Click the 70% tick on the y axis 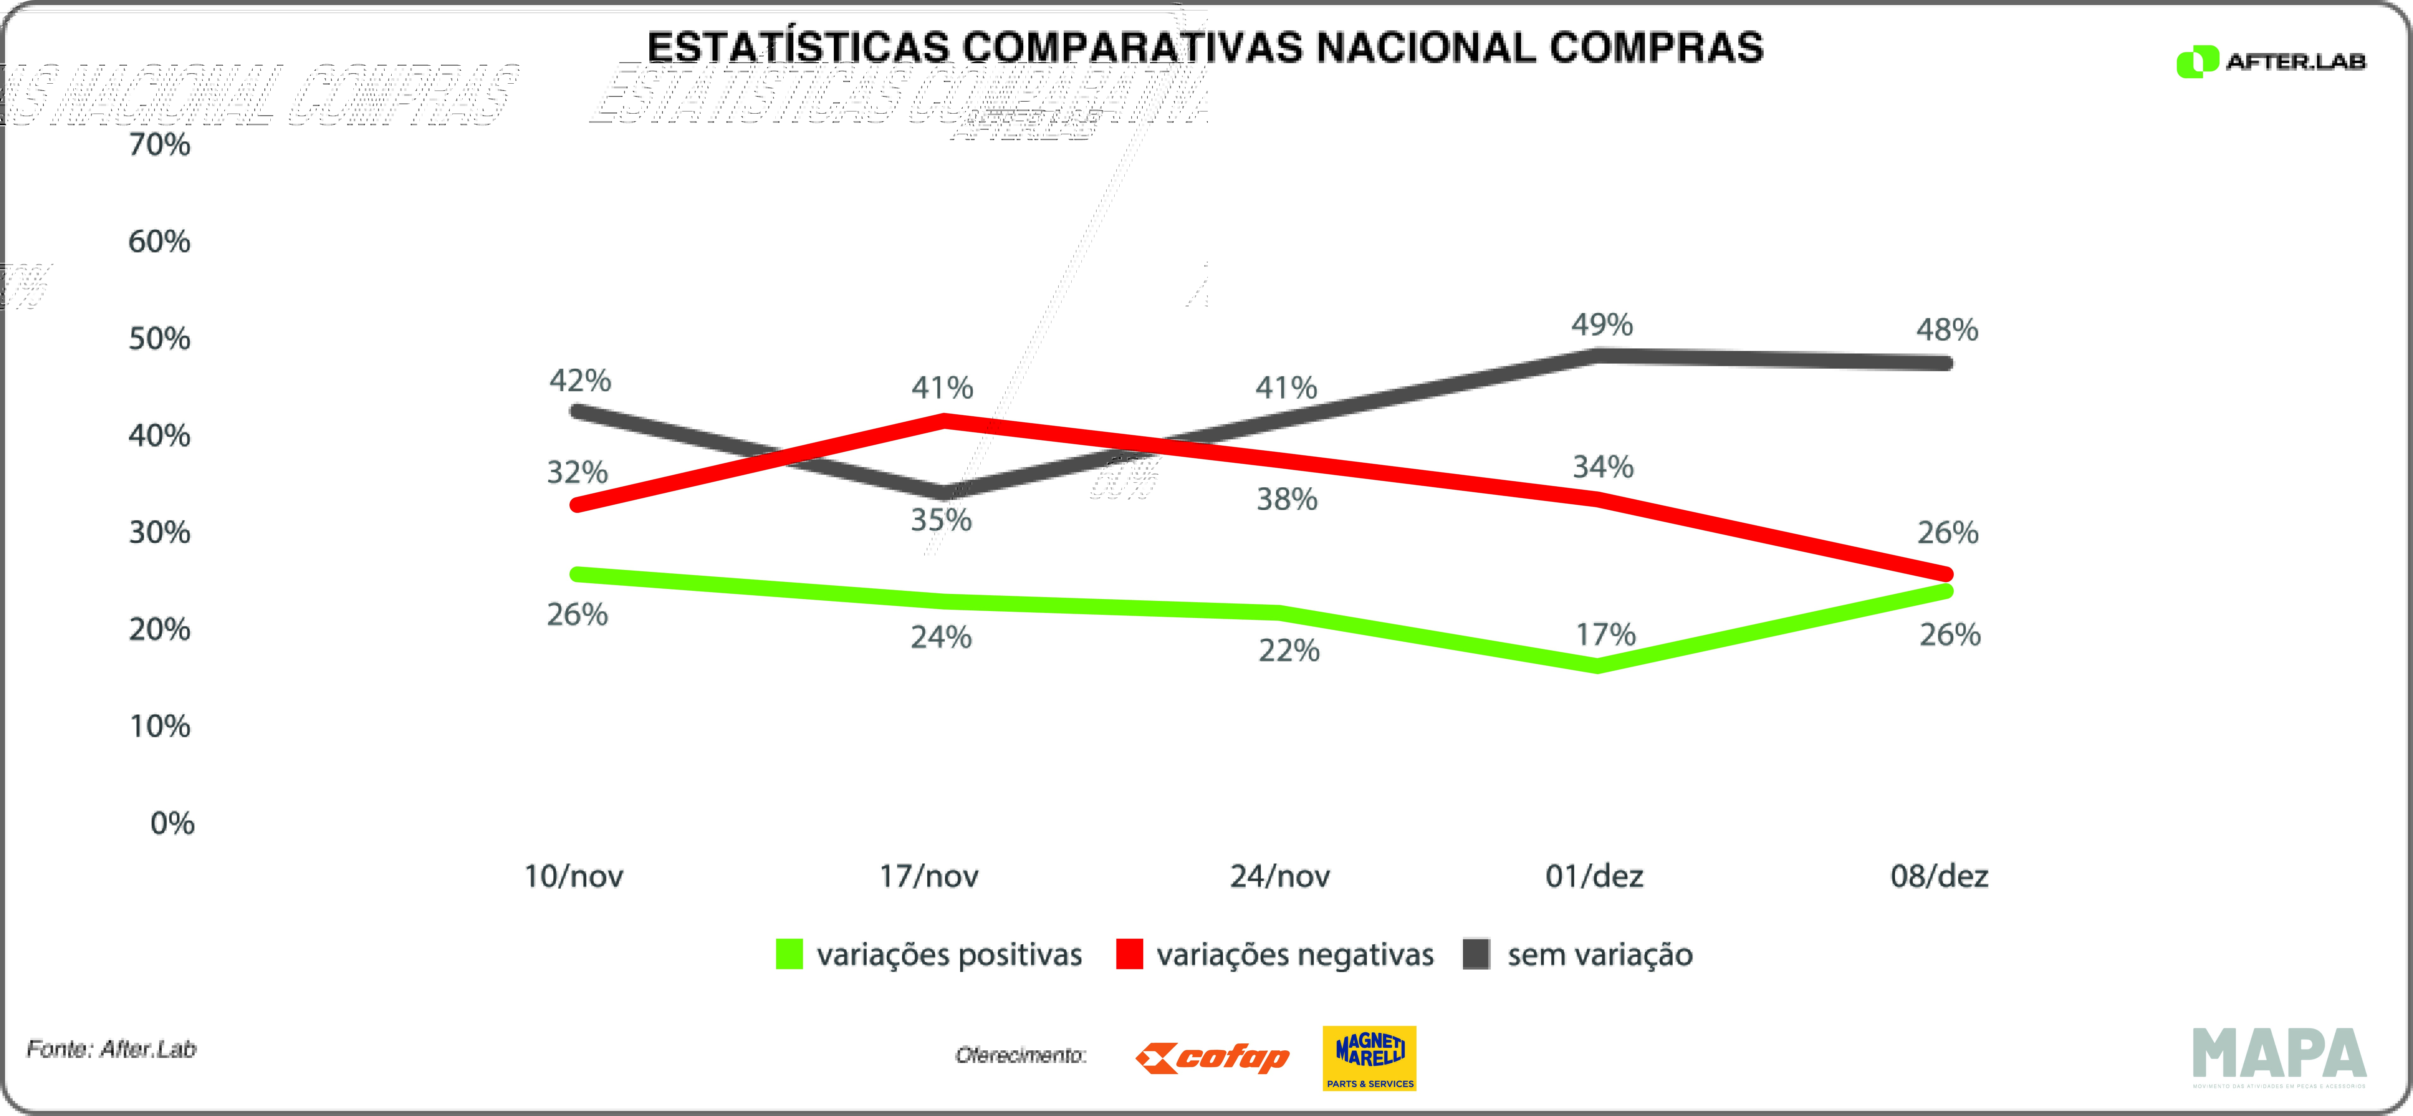coord(159,145)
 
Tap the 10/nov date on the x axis coord(573,876)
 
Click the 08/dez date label coord(1939,876)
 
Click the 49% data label coord(1602,325)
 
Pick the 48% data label coord(1947,329)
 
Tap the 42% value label coord(580,381)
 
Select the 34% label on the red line coord(1603,466)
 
